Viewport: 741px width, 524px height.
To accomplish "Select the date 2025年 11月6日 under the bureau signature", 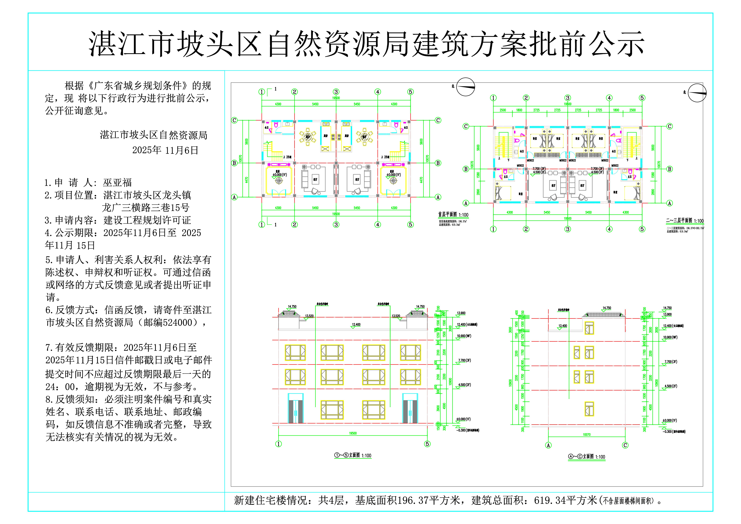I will pos(165,150).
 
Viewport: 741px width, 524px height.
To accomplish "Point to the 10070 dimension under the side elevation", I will pos(587,435).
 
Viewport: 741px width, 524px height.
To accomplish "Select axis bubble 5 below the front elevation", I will pos(427,444).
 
